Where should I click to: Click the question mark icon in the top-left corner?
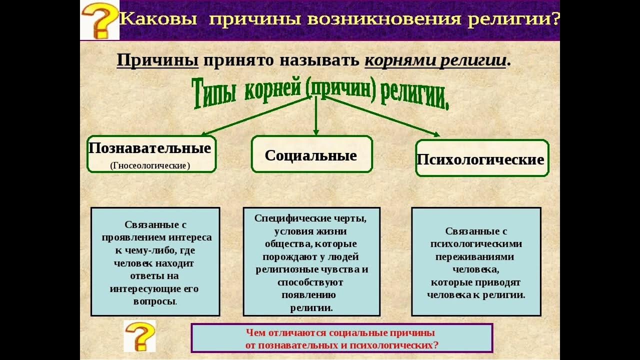99,21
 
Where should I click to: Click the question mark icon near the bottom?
139,336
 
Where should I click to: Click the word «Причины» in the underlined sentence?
157,60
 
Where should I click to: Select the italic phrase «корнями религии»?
435,60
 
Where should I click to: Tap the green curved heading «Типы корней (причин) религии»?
320,93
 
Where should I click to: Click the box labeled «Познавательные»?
151,154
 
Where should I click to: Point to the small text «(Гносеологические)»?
150,165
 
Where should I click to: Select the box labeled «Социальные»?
311,154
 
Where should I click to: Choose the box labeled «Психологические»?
481,158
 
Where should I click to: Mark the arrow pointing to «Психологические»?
382,116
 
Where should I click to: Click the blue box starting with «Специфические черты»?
311,261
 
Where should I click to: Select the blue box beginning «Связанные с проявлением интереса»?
155,261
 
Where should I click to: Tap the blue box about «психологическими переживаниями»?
476,261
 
